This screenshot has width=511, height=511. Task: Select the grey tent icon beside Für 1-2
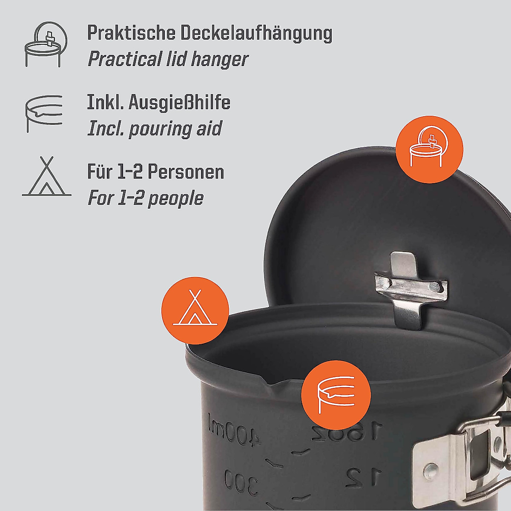tap(46, 177)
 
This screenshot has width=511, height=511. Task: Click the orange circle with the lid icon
tap(429, 148)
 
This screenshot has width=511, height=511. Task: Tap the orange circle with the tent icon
tap(195, 309)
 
